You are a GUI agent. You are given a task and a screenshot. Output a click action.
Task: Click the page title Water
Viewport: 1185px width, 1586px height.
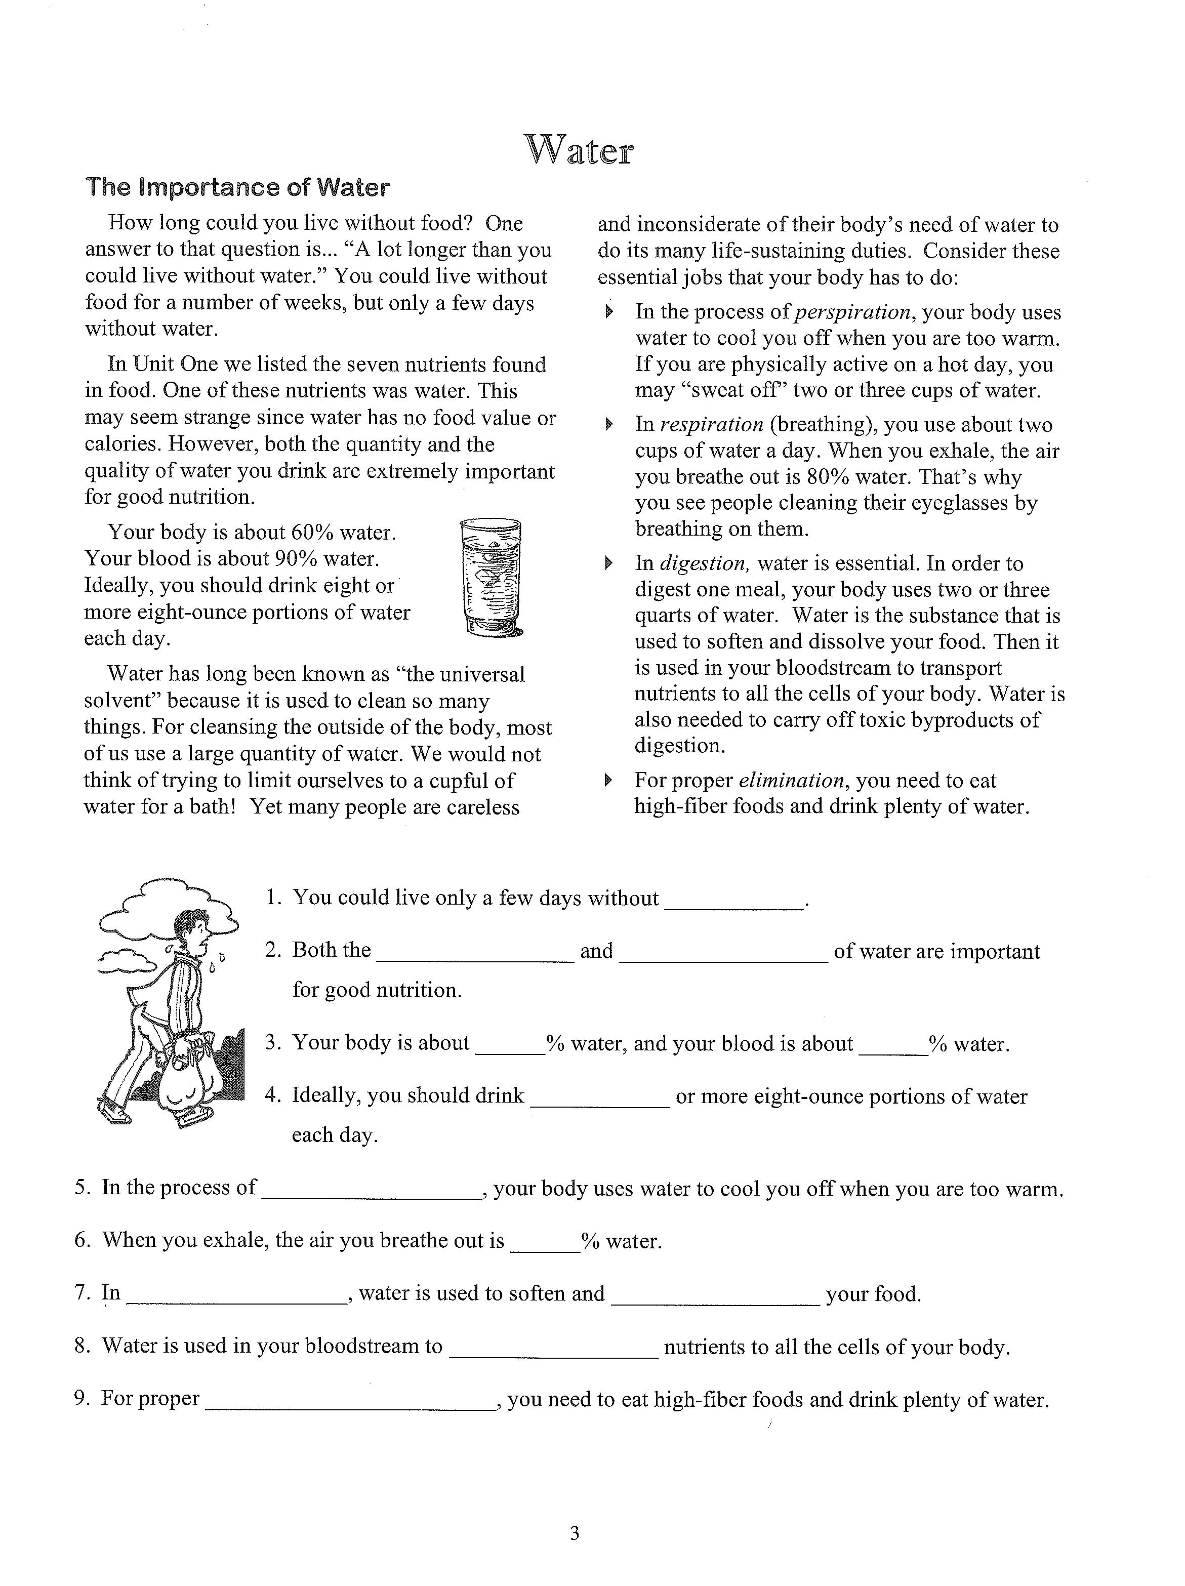pyautogui.click(x=579, y=150)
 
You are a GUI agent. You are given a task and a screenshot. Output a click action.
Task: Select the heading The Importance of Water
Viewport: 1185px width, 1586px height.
pyautogui.click(x=237, y=187)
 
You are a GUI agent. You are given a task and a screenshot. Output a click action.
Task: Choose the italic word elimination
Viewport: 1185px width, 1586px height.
pyautogui.click(x=791, y=780)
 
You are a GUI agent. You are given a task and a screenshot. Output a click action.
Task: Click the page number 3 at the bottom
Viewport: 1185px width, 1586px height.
pyautogui.click(x=574, y=1534)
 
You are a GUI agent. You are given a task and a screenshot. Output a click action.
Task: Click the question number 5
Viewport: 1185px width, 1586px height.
pyautogui.click(x=81, y=1188)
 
